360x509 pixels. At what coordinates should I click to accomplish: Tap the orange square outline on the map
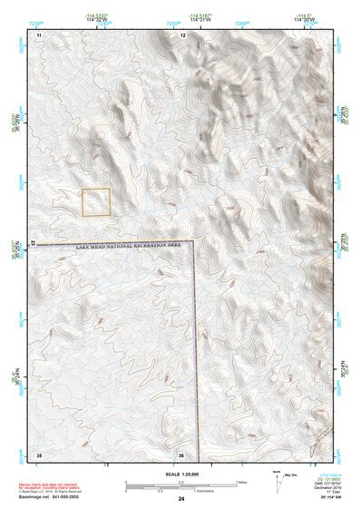click(96, 202)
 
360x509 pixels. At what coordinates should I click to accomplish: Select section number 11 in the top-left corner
click(39, 34)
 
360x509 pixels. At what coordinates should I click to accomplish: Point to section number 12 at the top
click(183, 34)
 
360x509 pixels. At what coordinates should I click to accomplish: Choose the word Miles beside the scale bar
click(241, 482)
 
